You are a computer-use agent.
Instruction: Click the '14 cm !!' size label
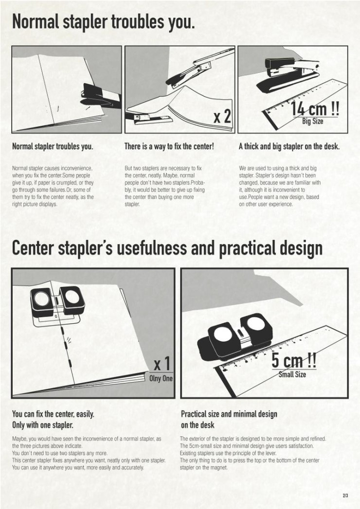point(315,108)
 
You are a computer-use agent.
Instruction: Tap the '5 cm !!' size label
point(294,360)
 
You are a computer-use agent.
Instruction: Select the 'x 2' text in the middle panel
point(222,116)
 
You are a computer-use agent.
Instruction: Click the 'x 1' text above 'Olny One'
point(162,364)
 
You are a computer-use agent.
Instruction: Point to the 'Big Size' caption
point(312,122)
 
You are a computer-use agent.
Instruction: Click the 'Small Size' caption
point(292,374)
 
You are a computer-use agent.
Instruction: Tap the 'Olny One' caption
point(161,378)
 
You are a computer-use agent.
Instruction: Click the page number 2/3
point(345,496)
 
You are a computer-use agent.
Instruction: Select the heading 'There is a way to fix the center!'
point(169,146)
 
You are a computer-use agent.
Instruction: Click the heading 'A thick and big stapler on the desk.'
point(289,146)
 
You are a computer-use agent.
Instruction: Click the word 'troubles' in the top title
point(138,22)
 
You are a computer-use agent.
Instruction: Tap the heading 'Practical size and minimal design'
point(229,414)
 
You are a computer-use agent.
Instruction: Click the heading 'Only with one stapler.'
point(42,425)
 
